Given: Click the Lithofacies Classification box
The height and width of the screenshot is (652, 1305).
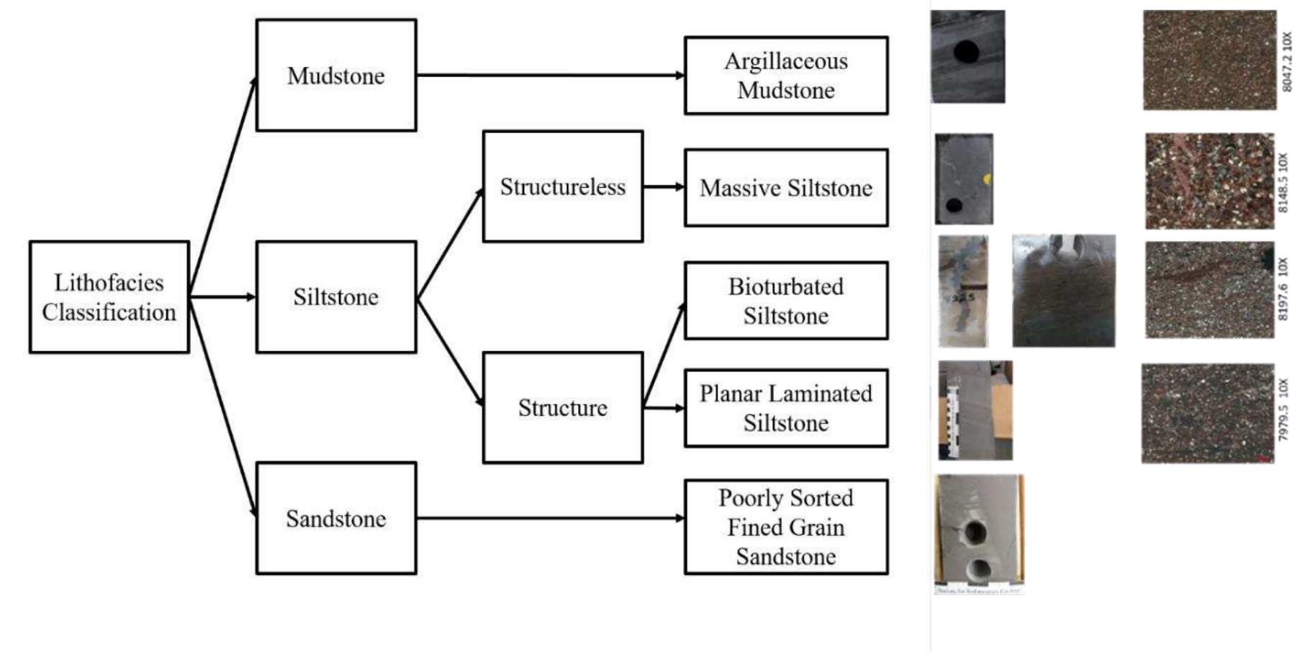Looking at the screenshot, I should point(109,296).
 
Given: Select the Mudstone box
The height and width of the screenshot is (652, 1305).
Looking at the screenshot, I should point(335,75).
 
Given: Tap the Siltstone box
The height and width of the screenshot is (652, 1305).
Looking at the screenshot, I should point(335,296).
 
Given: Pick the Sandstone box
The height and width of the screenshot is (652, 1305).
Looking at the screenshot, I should point(335,518).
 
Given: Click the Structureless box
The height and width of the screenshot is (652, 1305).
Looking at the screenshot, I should point(562,186).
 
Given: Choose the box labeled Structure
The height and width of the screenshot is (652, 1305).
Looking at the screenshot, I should point(562,407).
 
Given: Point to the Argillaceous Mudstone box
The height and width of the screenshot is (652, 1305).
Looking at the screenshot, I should point(785,76).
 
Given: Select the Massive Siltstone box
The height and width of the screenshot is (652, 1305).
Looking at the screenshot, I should point(785,188).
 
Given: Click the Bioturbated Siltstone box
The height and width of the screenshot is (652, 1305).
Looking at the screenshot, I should point(785,301).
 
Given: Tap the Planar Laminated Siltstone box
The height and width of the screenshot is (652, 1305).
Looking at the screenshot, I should point(785,408).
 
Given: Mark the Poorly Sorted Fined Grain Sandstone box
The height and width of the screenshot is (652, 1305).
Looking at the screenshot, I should point(785,527).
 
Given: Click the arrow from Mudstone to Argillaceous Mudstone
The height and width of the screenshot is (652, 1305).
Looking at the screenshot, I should point(547,75).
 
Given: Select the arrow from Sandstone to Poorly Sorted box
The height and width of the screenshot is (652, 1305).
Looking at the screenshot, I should point(547,518).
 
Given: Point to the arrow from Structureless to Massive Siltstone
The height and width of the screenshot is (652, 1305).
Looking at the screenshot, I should point(663,187).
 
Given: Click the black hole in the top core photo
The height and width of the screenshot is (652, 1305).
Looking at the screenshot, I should point(966,52).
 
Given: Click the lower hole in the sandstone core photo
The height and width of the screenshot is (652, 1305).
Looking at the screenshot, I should point(977,569).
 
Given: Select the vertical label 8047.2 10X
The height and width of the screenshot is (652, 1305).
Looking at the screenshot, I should point(1287,61).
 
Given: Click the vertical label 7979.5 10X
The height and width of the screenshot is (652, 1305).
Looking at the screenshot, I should point(1283,411).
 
